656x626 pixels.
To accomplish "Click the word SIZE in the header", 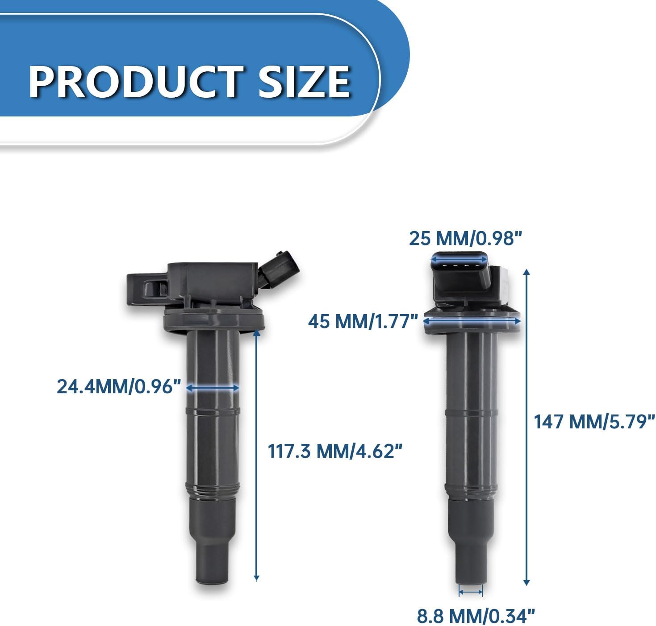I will tap(304, 82).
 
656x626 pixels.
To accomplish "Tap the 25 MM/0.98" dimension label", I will tap(465, 238).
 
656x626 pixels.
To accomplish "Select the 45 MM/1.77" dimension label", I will tap(363, 321).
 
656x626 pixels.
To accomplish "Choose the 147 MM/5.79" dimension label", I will tap(594, 421).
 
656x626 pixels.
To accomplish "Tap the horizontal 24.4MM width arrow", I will tap(213, 388).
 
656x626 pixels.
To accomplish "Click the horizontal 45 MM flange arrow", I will tap(472, 320).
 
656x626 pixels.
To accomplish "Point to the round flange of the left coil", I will tap(213, 322).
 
